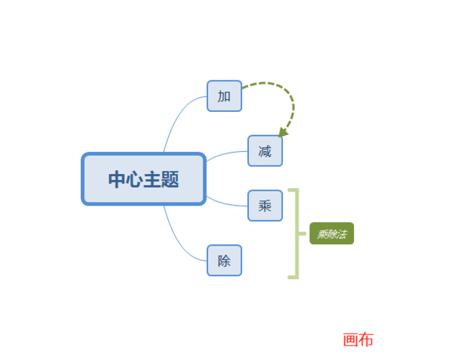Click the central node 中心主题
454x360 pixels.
[x=143, y=179]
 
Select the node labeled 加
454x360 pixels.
[x=224, y=96]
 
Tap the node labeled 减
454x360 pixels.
[x=265, y=151]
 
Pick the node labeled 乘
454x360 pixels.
[x=265, y=205]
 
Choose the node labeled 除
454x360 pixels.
[x=224, y=260]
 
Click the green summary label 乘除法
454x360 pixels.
[x=331, y=234]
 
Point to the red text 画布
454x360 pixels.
[x=358, y=340]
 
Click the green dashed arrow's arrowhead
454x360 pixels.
[x=283, y=132]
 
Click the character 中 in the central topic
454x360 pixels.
[x=117, y=179]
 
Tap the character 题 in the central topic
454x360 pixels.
[x=169, y=179]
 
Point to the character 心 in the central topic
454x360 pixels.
[x=135, y=179]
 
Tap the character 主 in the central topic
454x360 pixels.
[x=152, y=179]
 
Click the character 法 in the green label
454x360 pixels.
[x=342, y=234]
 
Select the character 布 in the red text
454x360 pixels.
[x=366, y=340]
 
